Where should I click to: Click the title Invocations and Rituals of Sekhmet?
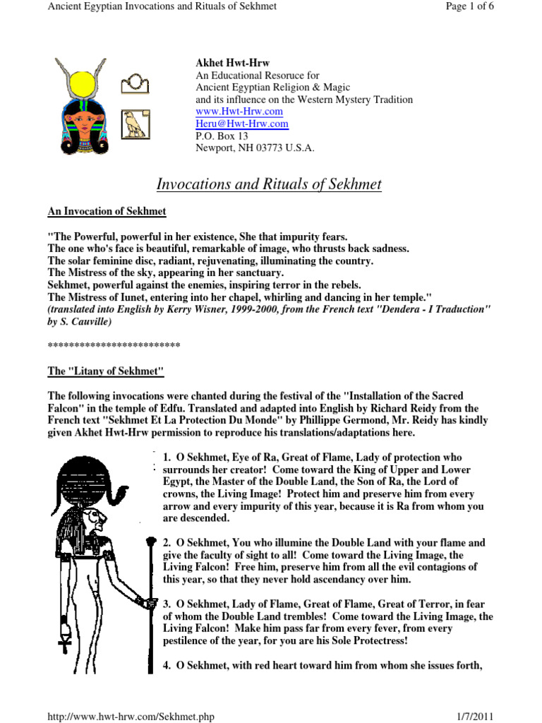[x=268, y=185]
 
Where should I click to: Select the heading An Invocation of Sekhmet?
[x=107, y=210]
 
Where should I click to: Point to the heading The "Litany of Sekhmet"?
[x=105, y=371]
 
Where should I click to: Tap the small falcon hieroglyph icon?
[x=135, y=123]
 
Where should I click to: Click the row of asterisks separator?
[x=114, y=345]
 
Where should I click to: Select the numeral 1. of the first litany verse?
[x=167, y=458]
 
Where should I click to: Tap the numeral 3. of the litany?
[x=167, y=604]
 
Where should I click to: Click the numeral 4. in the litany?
[x=167, y=665]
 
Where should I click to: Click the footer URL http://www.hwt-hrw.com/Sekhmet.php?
[x=130, y=717]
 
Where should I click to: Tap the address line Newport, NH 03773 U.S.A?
[x=255, y=148]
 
